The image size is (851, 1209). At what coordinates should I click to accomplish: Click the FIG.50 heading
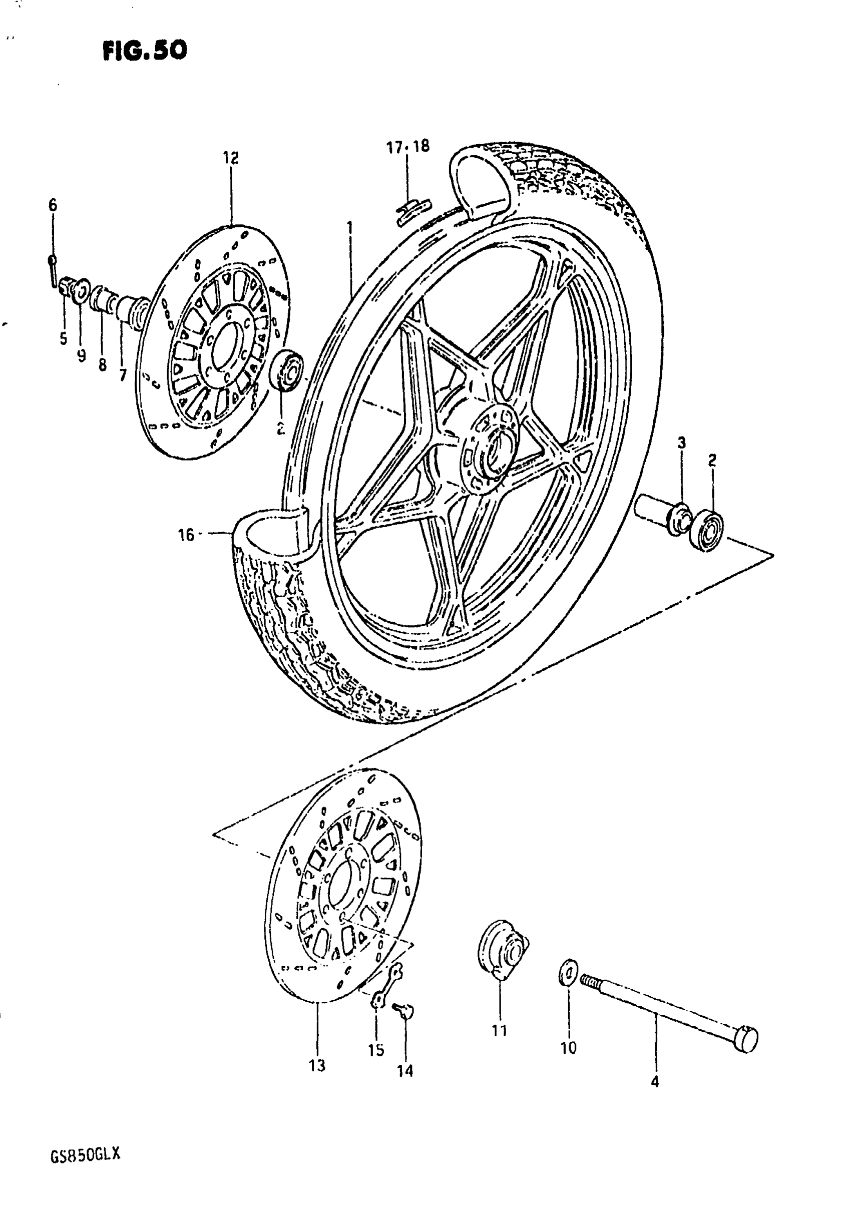145,51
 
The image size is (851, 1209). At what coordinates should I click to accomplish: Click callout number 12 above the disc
230,157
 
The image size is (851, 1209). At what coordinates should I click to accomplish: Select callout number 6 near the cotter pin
53,205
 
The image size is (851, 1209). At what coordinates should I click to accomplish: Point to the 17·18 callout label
408,147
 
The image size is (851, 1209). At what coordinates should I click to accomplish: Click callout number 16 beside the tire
186,535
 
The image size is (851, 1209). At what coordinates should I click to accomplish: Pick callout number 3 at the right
681,443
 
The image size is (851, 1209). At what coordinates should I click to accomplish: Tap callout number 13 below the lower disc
317,1065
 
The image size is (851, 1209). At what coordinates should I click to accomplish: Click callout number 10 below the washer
568,1048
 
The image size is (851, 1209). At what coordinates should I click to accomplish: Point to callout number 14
405,1070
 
